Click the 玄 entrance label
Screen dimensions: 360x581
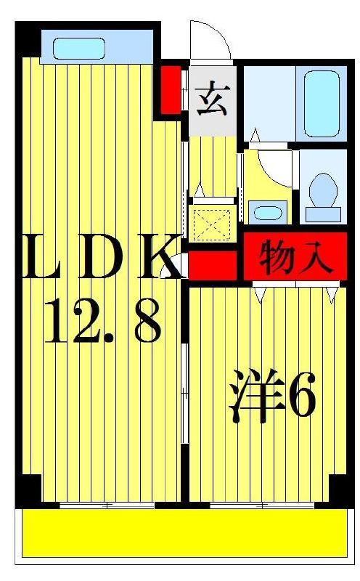pos(213,100)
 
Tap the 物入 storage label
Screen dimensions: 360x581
pos(295,257)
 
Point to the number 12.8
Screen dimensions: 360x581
pos(104,321)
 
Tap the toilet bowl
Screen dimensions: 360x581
pos(323,190)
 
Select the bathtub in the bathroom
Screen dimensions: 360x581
pos(322,104)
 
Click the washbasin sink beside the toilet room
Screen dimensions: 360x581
pos(268,213)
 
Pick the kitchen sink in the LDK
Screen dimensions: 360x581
pos(79,49)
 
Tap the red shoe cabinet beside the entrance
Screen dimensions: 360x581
pos(171,90)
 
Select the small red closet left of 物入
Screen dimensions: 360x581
pos(213,264)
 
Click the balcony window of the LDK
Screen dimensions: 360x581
pos(107,505)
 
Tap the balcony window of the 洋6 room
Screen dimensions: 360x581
pos(262,505)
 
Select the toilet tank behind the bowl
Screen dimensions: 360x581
pos(323,214)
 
